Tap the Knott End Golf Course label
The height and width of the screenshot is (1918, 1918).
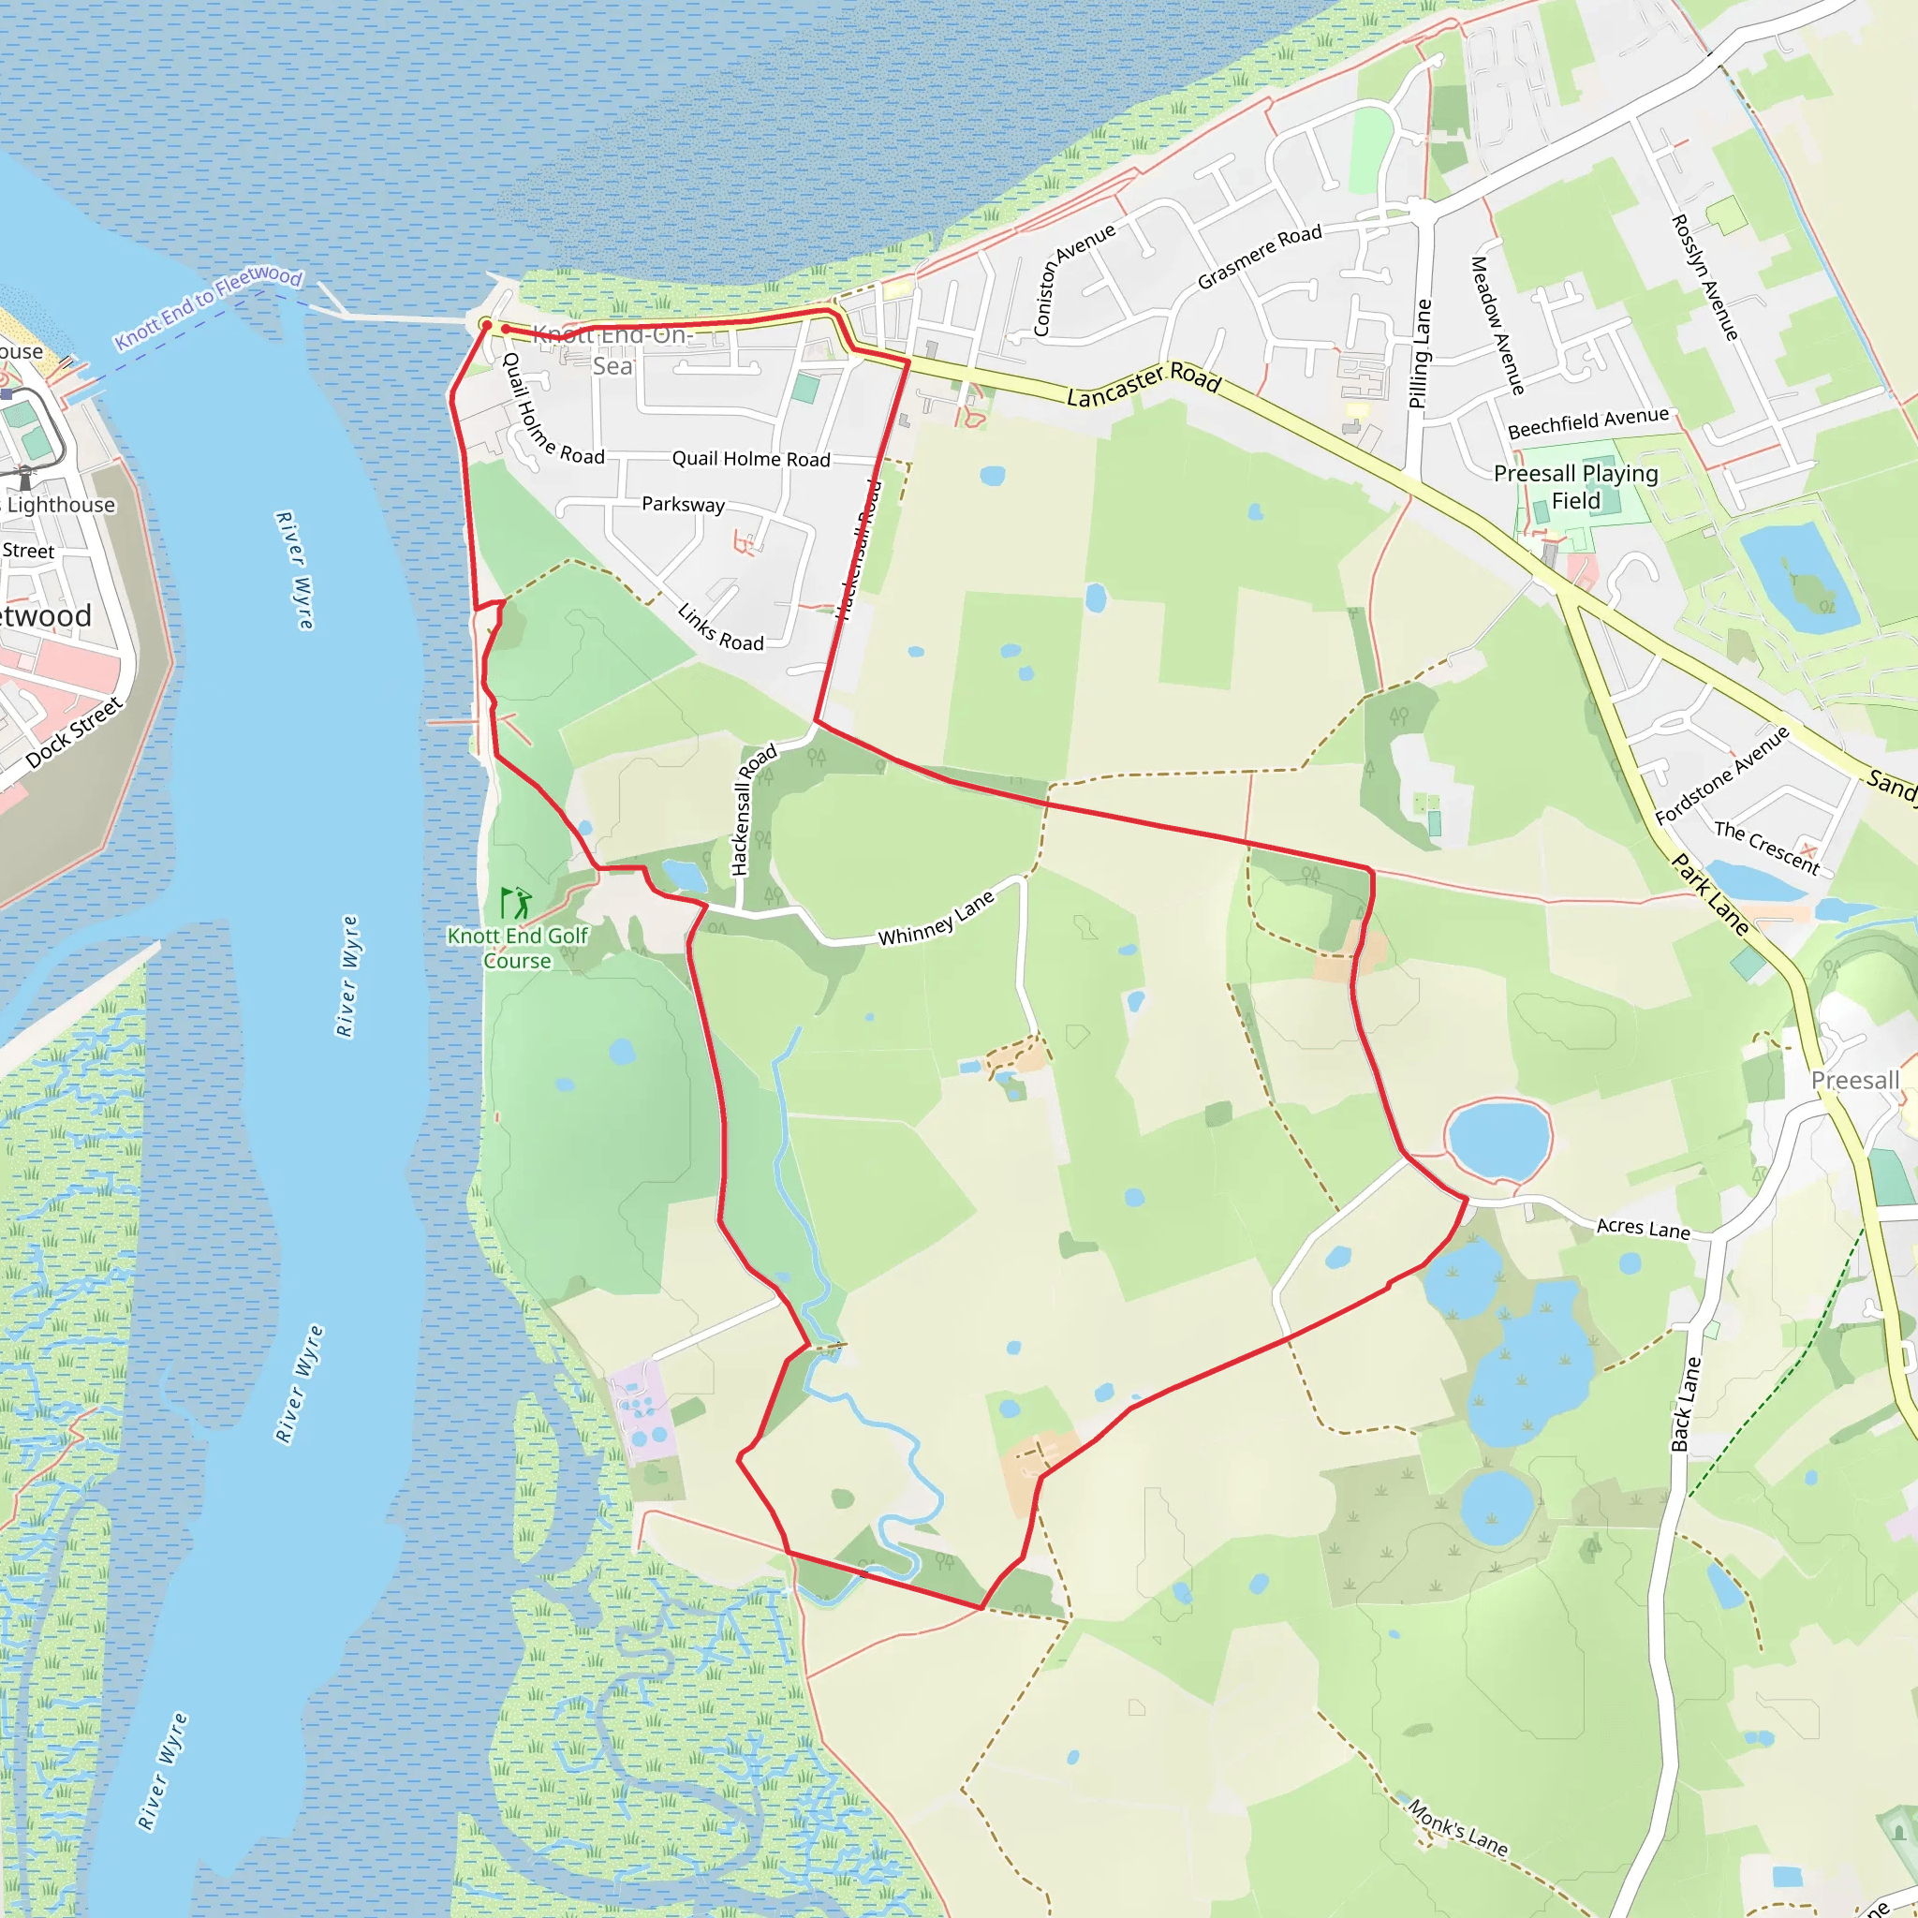coord(517,948)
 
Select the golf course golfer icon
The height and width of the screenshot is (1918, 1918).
coord(516,903)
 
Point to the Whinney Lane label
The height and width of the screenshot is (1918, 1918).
coord(937,919)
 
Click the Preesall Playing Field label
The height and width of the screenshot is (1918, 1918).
coord(1575,486)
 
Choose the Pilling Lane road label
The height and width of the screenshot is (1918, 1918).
coord(1421,353)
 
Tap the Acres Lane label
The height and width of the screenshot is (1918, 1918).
coord(1643,1228)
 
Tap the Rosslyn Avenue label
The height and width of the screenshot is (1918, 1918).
coord(1704,277)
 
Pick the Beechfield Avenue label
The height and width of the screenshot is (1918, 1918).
coord(1587,423)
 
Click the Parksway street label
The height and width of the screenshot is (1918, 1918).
coord(683,505)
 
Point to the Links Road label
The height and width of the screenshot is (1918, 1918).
coord(721,627)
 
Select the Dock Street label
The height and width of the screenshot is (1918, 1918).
coord(75,732)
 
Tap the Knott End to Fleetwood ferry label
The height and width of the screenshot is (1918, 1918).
coord(208,308)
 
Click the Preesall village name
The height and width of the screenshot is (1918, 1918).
coord(1854,1080)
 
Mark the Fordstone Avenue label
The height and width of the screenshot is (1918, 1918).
coord(1721,775)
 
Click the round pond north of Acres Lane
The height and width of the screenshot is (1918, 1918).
coord(1498,1140)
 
